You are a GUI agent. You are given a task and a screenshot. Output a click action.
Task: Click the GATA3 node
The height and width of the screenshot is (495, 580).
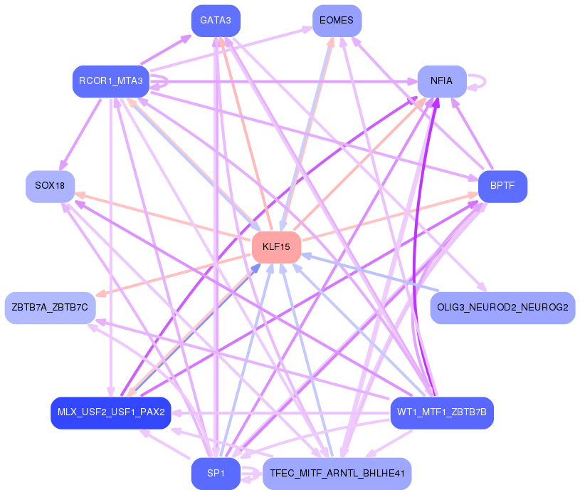(x=216, y=21)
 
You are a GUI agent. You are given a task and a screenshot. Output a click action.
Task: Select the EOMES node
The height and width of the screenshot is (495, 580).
(x=337, y=21)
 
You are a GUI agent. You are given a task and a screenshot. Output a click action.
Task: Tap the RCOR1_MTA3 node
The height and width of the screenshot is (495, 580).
(x=111, y=81)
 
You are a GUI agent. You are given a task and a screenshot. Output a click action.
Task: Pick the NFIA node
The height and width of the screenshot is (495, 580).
(x=442, y=81)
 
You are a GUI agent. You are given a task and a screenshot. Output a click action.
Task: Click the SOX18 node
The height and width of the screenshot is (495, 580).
(x=50, y=186)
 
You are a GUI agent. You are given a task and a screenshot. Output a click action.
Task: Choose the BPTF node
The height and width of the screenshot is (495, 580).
(x=502, y=186)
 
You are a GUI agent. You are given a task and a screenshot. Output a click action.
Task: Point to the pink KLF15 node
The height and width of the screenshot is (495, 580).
(x=276, y=247)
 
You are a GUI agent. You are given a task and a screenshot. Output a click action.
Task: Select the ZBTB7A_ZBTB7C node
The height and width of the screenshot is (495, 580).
(x=50, y=308)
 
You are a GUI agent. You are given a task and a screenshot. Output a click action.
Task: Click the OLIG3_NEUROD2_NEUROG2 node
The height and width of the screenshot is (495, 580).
(x=502, y=308)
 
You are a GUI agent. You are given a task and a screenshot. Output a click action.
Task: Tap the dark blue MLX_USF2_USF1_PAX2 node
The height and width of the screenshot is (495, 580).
(x=111, y=412)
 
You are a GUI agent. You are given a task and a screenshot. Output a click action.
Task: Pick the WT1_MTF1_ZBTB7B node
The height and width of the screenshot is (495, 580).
(x=442, y=412)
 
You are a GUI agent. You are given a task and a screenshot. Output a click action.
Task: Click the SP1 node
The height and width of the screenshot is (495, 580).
(x=216, y=474)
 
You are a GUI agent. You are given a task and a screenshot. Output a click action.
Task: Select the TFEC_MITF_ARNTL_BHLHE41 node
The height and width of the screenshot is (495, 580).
(x=337, y=474)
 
